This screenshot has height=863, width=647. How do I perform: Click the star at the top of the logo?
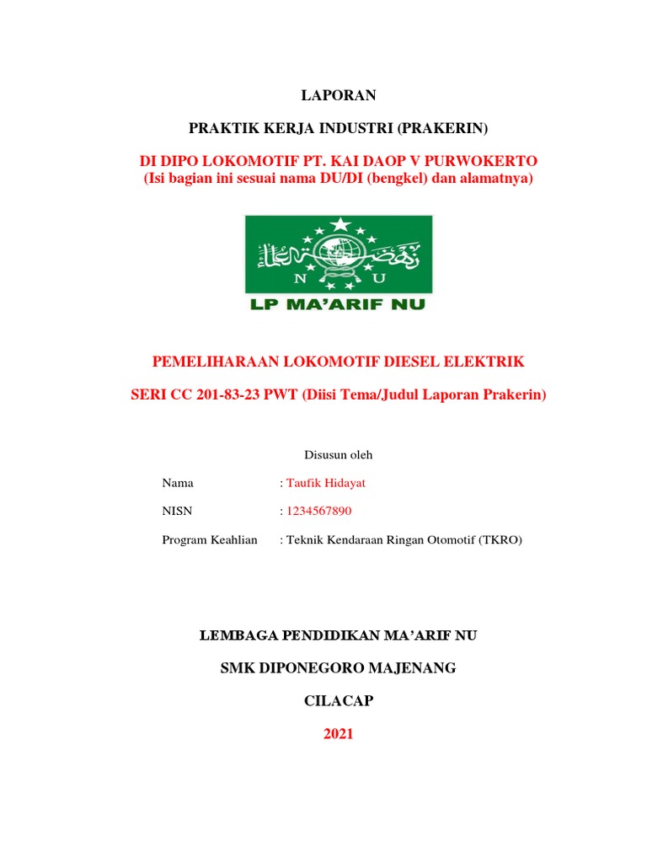pos(339,224)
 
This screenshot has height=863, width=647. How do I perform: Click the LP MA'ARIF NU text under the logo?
pos(338,303)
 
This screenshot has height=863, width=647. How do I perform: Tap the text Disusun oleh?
pos(338,455)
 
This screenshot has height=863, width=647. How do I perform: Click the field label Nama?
pos(177,483)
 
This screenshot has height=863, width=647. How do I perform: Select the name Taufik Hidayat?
pos(326,483)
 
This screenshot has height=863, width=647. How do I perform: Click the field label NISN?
pos(177,511)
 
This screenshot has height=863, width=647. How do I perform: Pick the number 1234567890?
pos(320,511)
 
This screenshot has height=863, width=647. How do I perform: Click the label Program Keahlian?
pos(209,539)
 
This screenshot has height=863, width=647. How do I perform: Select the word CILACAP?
pos(338,701)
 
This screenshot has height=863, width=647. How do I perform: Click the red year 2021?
pos(338,734)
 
